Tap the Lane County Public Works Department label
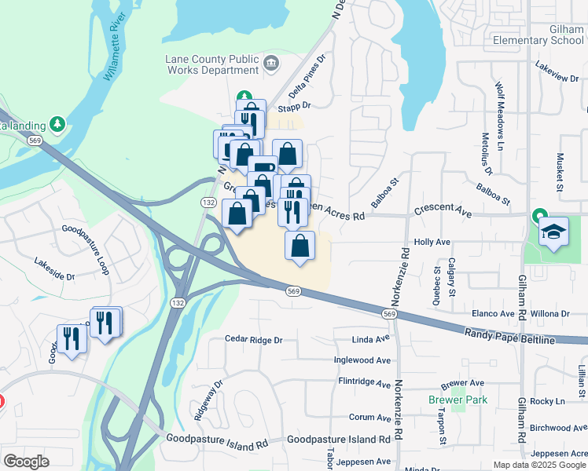pyautogui.click(x=212, y=64)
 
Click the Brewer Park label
pyautogui.click(x=458, y=400)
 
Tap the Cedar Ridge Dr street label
pyautogui.click(x=253, y=340)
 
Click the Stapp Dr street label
pyautogui.click(x=296, y=105)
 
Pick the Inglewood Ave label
pyautogui.click(x=362, y=360)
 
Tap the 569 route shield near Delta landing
pyautogui.click(x=34, y=140)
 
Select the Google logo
pyautogui.click(x=26, y=462)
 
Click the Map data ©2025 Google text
pyautogui.click(x=538, y=465)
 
